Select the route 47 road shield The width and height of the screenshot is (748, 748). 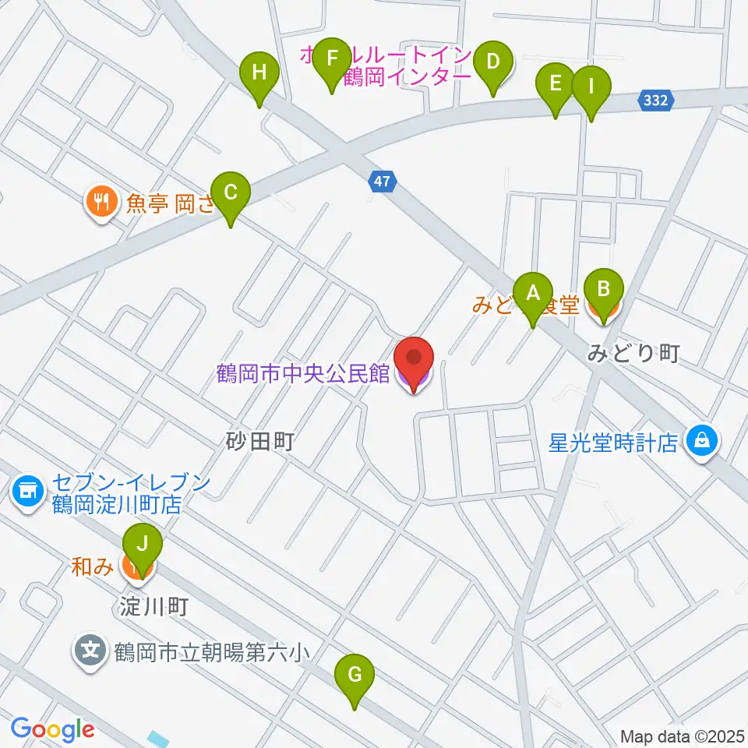point(381,182)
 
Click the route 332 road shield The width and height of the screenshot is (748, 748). point(656,100)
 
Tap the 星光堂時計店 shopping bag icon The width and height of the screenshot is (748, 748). point(702,442)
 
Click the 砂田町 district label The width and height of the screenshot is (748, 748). point(259,443)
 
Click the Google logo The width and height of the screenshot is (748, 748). point(52,730)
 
